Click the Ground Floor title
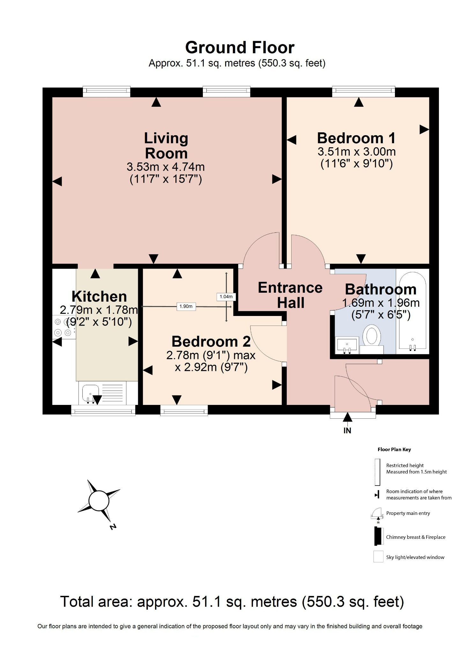click(240, 48)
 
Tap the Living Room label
click(166, 146)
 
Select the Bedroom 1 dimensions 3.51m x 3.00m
click(356, 151)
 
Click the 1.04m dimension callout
click(226, 297)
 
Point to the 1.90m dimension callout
click(186, 306)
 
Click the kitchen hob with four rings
click(63, 327)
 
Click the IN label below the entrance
click(347, 431)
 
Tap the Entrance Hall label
click(290, 295)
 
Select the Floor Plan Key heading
click(394, 450)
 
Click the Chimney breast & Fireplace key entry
click(415, 537)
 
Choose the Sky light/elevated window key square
click(378, 557)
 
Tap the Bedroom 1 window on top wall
click(363, 92)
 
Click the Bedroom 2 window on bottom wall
click(184, 410)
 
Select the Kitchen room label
click(99, 297)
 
